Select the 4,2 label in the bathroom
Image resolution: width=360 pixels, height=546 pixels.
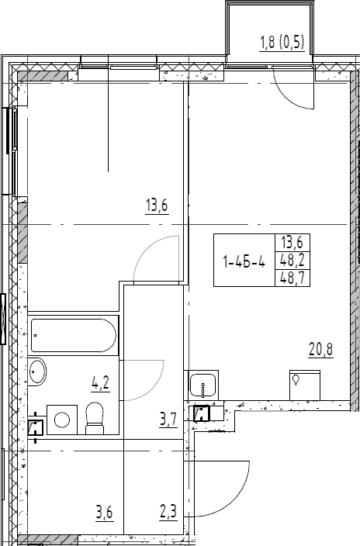[x=99, y=382]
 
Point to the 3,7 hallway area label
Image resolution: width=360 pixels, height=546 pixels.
[x=168, y=421]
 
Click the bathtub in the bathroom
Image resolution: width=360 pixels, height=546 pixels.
[x=74, y=336]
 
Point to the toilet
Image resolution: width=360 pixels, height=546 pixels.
[x=96, y=417]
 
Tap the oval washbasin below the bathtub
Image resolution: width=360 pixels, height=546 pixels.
[x=38, y=372]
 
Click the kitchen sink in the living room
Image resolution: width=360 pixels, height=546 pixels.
[x=204, y=384]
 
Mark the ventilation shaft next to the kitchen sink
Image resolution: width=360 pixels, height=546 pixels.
[x=202, y=414]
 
